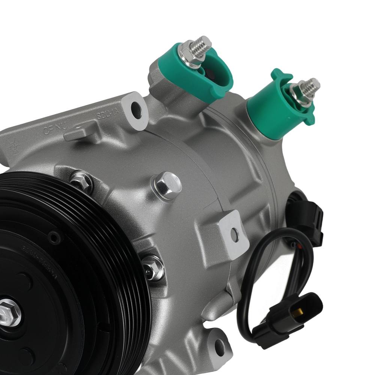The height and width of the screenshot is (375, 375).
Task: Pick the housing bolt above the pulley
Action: pos(81,181)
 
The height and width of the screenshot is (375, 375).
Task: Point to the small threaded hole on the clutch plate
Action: pos(54,237)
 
